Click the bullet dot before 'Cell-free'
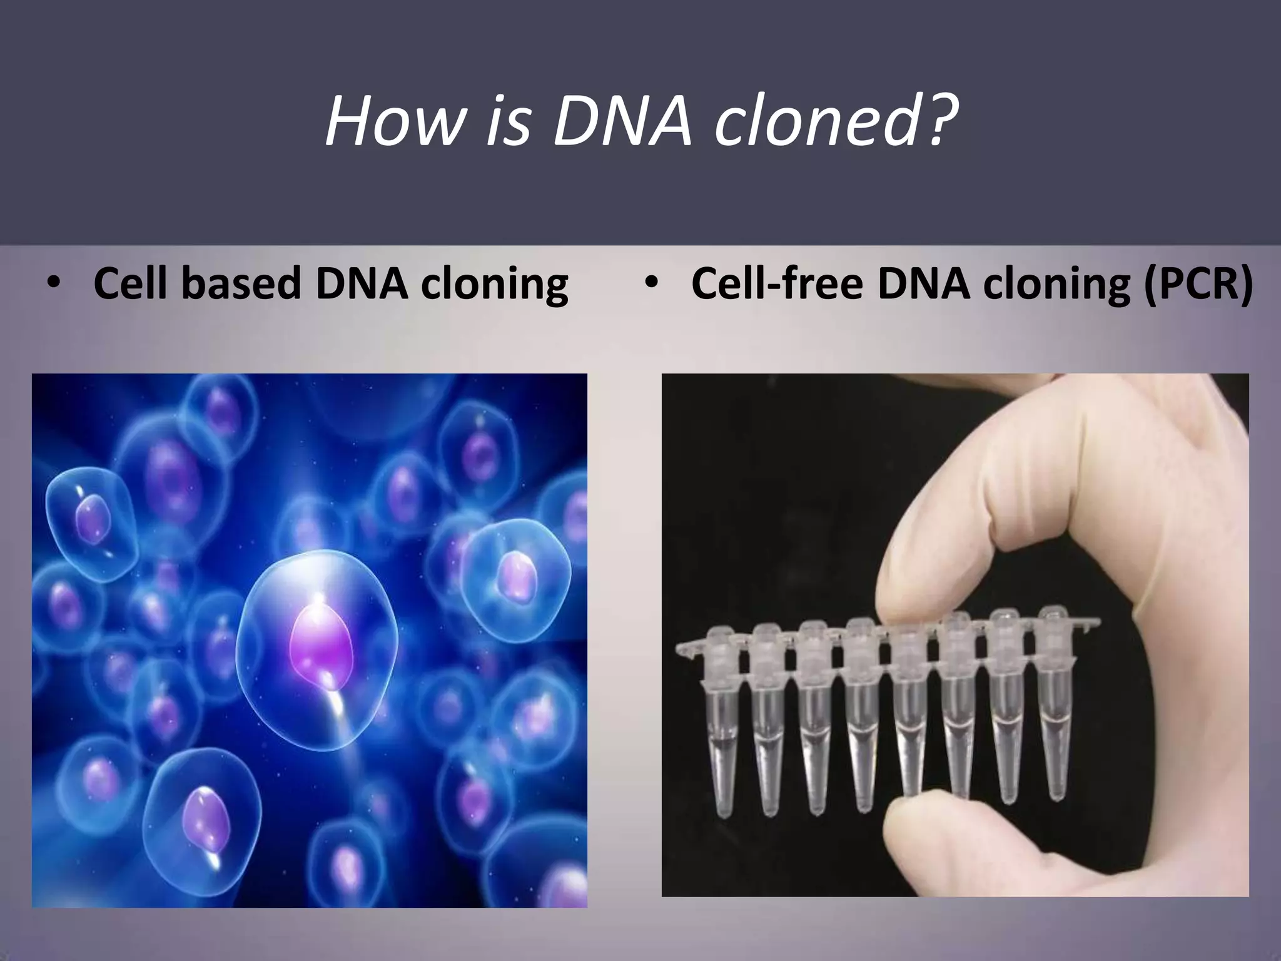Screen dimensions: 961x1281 [652, 284]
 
